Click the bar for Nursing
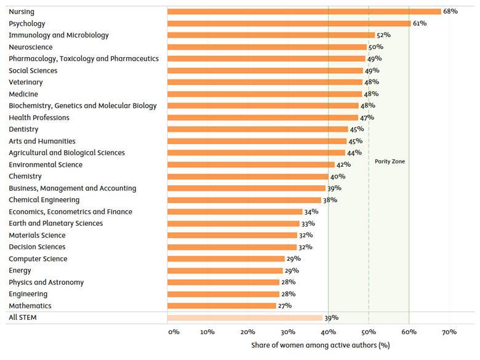[x=304, y=12]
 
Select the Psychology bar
[x=289, y=23]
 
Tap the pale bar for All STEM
[x=244, y=318]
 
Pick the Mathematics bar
[x=222, y=306]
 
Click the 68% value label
[x=450, y=12]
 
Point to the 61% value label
[x=420, y=23]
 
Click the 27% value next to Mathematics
[x=285, y=306]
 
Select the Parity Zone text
[x=390, y=161]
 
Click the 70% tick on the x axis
[x=449, y=332]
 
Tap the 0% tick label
[x=174, y=332]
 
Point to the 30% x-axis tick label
[x=288, y=332]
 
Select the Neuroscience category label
[x=31, y=47]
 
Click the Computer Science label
[x=38, y=259]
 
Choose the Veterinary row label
[x=26, y=82]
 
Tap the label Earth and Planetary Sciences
[x=56, y=223]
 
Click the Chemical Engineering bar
[x=244, y=200]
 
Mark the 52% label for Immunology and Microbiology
[x=383, y=35]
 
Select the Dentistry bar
[x=257, y=129]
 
